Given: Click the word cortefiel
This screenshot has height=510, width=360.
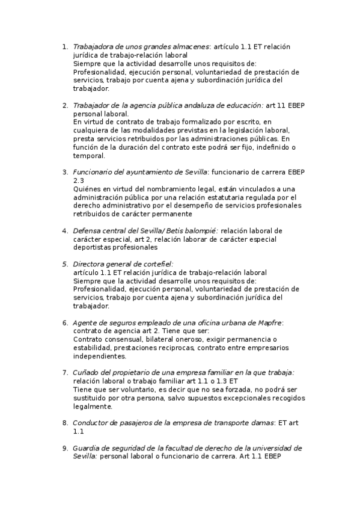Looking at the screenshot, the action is click(156, 263).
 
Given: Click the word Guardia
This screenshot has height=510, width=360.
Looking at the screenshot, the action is click(87, 448).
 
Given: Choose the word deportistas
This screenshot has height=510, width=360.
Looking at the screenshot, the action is click(93, 247).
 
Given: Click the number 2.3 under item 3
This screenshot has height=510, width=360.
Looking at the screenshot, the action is click(78, 180).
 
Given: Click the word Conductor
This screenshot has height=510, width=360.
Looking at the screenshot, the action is click(91, 423).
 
